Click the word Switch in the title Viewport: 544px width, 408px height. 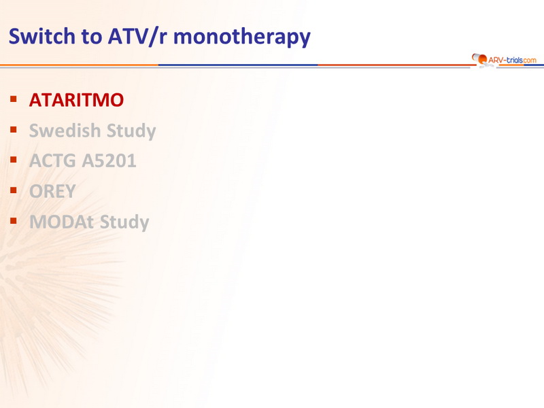42,36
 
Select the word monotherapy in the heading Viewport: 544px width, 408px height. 242,37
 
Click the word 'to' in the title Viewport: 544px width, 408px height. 92,37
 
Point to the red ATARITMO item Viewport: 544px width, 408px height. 76,100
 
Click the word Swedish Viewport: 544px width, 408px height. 65,131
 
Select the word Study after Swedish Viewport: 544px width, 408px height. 131,131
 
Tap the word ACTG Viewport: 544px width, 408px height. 52,160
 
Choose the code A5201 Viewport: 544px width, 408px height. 109,160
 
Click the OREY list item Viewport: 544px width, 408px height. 52,191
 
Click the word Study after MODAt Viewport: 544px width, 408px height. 124,223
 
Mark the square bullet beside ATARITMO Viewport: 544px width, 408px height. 14,99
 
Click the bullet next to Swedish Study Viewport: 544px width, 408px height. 14,130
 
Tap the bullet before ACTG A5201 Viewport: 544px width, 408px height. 14,160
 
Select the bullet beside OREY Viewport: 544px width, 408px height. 14,190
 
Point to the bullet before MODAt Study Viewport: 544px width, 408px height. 14,220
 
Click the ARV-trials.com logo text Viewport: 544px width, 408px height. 512,60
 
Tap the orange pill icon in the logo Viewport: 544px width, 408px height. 480,58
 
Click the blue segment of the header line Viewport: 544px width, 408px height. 238,65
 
